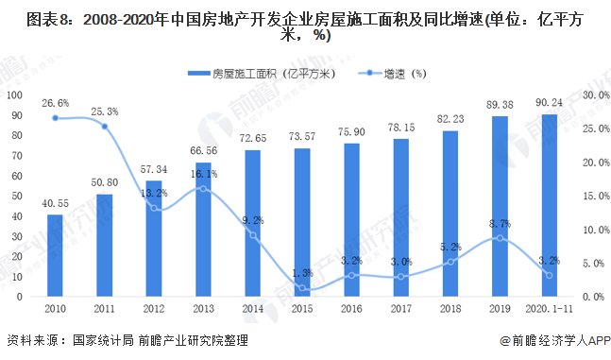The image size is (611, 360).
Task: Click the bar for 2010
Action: [55, 255]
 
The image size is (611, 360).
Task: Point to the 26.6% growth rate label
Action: [55, 103]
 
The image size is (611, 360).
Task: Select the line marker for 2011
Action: [104, 127]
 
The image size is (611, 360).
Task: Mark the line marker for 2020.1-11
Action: [549, 275]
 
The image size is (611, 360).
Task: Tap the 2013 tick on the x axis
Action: [203, 308]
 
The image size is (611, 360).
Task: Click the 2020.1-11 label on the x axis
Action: [549, 308]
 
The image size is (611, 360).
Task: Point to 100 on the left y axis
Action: [13, 94]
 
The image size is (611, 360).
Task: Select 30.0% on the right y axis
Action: [594, 94]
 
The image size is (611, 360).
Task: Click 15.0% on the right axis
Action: [594, 196]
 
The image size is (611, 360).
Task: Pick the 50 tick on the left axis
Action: [16, 196]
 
